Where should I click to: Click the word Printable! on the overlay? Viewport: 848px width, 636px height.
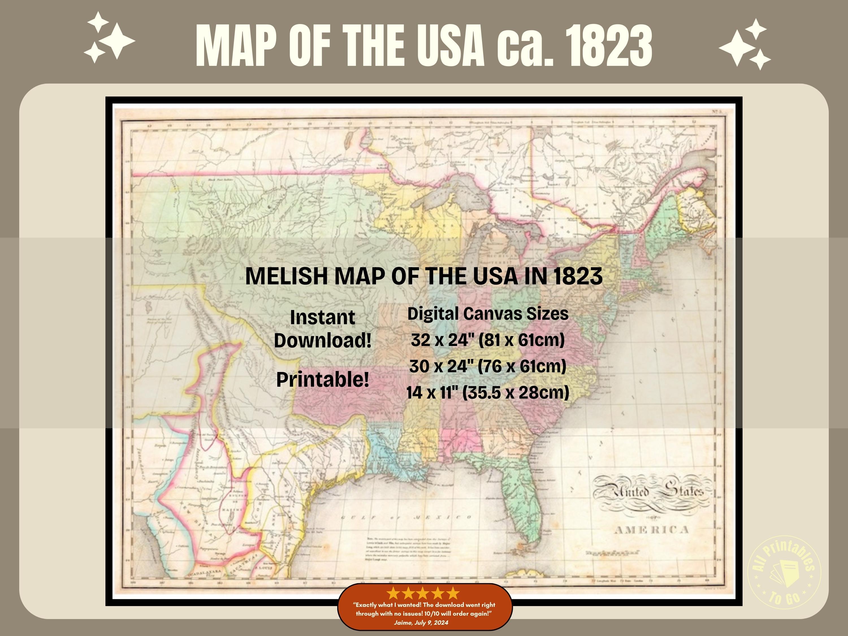point(323,380)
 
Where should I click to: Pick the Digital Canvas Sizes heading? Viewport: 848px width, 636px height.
point(488,313)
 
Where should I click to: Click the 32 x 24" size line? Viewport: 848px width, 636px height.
point(488,340)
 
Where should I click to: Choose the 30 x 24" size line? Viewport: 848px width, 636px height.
point(488,366)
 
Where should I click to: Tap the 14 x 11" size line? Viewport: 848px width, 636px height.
point(488,392)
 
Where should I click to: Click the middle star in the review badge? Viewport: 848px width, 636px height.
point(423,593)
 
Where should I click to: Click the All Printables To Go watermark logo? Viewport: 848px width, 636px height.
point(784,572)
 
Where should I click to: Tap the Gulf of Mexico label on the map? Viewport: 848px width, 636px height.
point(406,518)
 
